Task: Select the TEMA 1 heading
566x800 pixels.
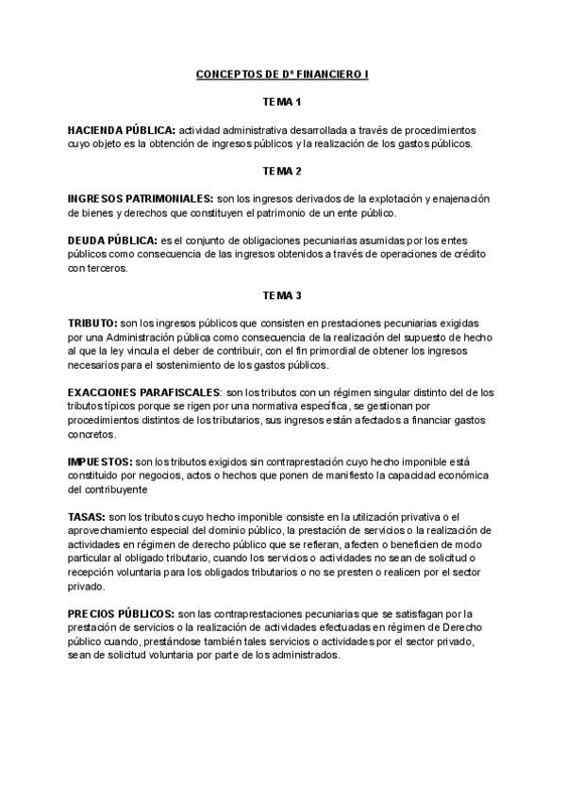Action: tap(282, 100)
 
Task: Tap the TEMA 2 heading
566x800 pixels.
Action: tap(282, 171)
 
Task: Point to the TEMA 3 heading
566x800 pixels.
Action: tap(282, 295)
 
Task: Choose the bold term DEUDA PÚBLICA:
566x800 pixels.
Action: tap(112, 241)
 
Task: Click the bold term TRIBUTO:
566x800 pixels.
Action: tap(92, 323)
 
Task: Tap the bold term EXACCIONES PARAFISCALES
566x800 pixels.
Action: tap(144, 392)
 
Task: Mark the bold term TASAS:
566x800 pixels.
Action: tap(87, 517)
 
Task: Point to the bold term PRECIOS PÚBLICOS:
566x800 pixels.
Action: tap(122, 613)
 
